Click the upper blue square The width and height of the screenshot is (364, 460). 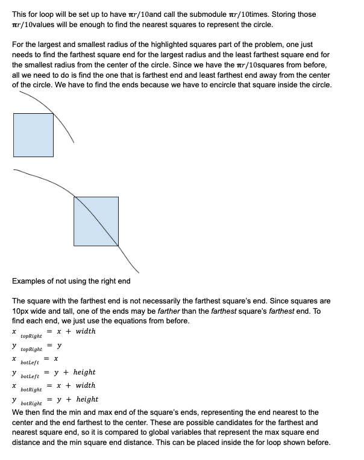[33, 135]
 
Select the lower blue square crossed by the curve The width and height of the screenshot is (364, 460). [96, 221]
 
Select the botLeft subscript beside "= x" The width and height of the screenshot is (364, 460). [30, 363]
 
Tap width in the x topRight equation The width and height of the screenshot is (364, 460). [86, 331]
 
